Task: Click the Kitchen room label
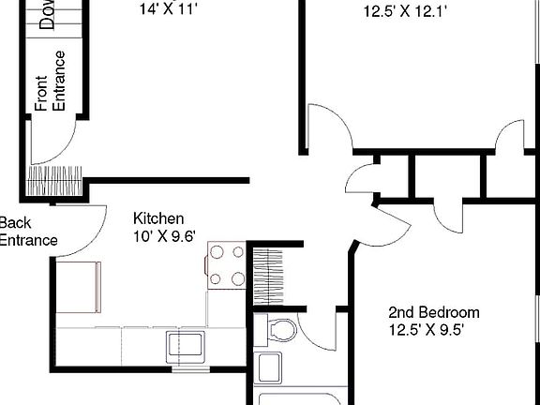[152, 218]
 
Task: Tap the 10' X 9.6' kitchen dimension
[164, 236]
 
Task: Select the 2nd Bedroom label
[434, 313]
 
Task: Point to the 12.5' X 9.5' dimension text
[427, 330]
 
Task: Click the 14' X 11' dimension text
[169, 10]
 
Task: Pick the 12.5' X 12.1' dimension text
[404, 12]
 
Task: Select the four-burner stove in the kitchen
[226, 265]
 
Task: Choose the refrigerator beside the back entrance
[78, 287]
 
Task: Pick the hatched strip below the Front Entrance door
[55, 177]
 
